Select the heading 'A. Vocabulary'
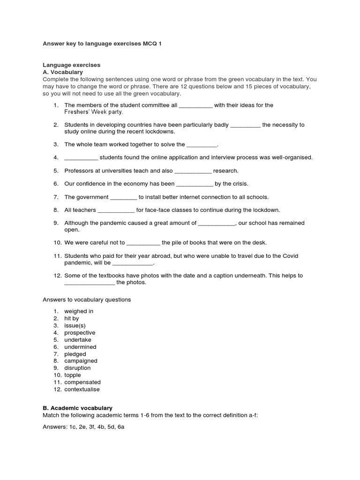[x=62, y=72]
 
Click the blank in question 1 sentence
[x=195, y=105]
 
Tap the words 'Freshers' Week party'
[x=94, y=112]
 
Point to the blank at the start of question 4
[x=81, y=157]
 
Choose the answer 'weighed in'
[x=79, y=311]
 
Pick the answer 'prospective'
[x=80, y=333]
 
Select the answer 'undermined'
[x=80, y=347]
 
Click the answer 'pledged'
[x=75, y=354]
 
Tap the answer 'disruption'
[x=77, y=368]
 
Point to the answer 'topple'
[x=73, y=375]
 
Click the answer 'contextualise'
[x=82, y=390]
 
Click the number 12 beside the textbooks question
[x=56, y=276]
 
